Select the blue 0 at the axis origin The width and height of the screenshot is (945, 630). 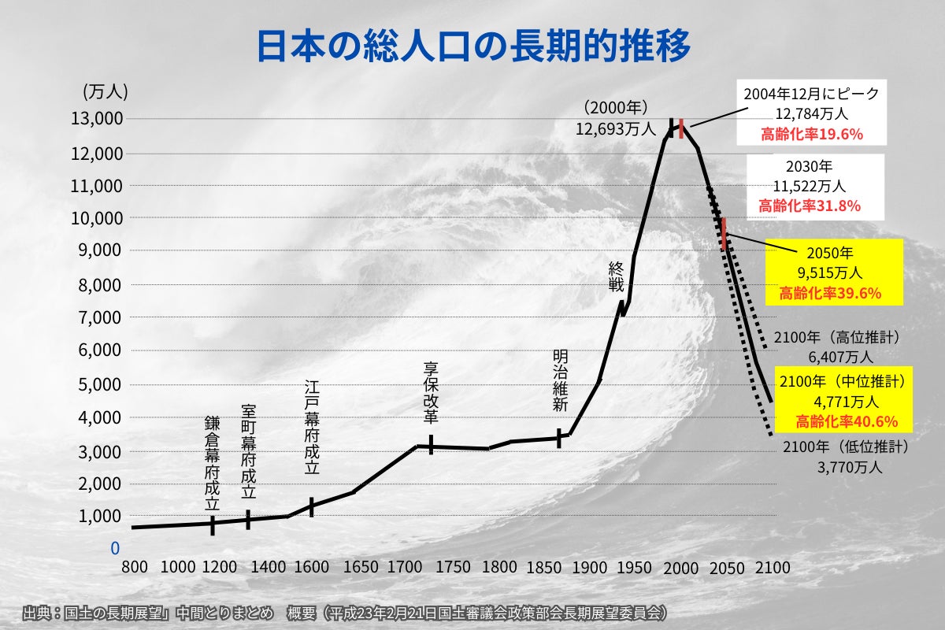[x=115, y=548]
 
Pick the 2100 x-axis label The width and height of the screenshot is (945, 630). [x=772, y=568]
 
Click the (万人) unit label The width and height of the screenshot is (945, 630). [x=105, y=91]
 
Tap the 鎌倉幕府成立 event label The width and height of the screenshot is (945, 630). [x=212, y=463]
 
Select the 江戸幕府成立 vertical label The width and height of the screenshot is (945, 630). [x=312, y=427]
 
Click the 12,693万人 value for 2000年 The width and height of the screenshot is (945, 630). [x=615, y=128]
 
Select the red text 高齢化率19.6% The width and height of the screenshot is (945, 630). [x=812, y=133]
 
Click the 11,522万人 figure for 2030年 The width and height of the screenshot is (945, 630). [x=810, y=187]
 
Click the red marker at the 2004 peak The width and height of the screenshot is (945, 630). [x=681, y=128]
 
